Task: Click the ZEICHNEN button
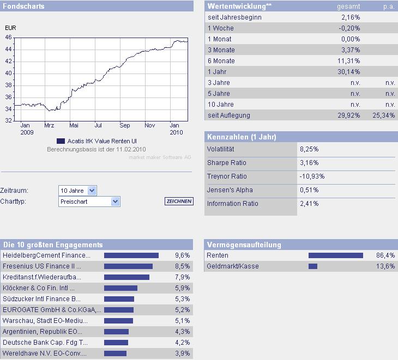(x=179, y=202)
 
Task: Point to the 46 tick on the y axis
(x=8, y=37)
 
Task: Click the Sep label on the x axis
(x=125, y=124)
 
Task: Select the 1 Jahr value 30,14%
(x=348, y=72)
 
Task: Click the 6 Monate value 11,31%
(x=348, y=61)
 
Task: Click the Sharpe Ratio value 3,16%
(x=309, y=163)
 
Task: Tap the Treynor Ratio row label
(x=227, y=176)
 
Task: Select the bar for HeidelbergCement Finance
(x=131, y=255)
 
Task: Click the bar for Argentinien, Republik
(x=116, y=332)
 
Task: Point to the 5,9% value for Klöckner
(x=182, y=288)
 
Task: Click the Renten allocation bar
(x=335, y=255)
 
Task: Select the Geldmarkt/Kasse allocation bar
(x=312, y=266)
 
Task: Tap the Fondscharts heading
(x=23, y=6)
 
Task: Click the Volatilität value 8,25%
(x=309, y=149)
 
